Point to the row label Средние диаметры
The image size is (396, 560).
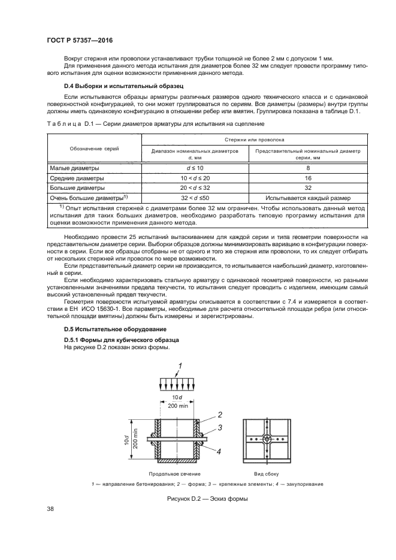click(76, 178)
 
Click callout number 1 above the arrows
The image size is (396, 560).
click(179, 365)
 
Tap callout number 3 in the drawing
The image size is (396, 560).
click(220, 427)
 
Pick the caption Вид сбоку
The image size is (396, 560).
click(271, 473)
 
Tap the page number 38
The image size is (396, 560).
click(50, 510)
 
